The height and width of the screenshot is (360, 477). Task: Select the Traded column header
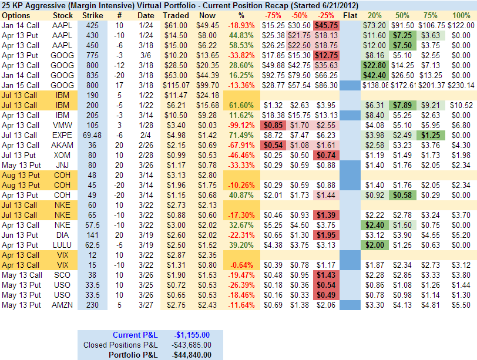point(176,15)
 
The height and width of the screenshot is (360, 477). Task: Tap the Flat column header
point(350,15)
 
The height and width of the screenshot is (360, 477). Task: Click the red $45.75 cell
point(325,25)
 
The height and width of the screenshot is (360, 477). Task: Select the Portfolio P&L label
point(133,354)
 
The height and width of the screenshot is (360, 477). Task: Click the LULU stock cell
point(63,244)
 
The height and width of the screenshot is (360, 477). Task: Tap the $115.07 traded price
point(176,85)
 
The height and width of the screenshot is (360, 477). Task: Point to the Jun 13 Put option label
point(21,234)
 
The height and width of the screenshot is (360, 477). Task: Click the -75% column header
point(273,15)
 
